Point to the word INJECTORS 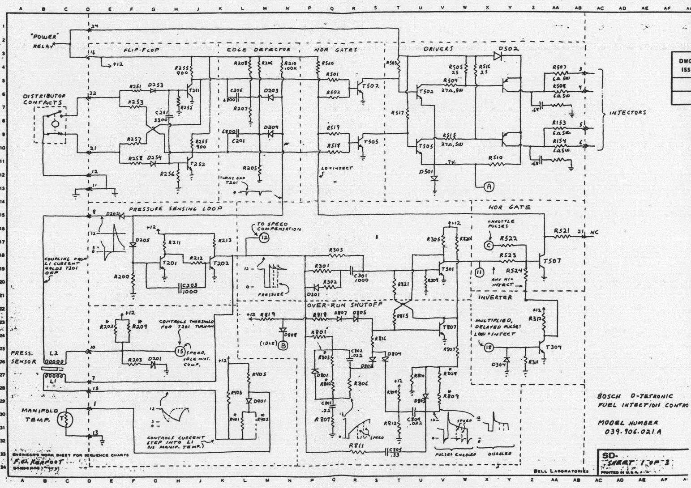pos(627,113)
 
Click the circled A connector pos(489,187)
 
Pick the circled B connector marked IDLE pos(283,345)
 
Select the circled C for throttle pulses pos(489,245)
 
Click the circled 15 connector pos(180,351)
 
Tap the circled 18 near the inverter pos(488,347)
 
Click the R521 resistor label pos(562,231)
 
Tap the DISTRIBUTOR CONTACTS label pos(44,99)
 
